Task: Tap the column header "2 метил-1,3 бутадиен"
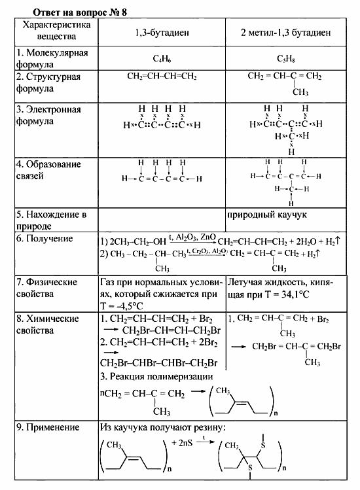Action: click(x=285, y=32)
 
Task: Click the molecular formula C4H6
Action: click(x=162, y=58)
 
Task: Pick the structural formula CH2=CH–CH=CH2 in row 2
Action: click(x=162, y=77)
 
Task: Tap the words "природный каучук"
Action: click(x=267, y=214)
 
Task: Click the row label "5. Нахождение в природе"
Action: click(x=53, y=220)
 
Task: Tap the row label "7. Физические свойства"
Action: click(x=53, y=288)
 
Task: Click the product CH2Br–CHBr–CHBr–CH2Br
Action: click(x=158, y=363)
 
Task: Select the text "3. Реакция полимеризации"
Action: click(x=156, y=377)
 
